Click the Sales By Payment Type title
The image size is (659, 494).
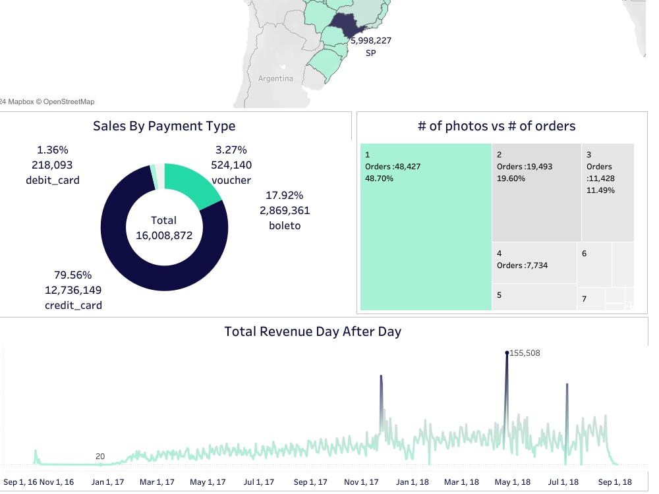tap(164, 126)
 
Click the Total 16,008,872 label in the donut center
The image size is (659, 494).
tap(164, 227)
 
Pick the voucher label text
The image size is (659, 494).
tap(231, 180)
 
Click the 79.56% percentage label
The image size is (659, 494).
tap(72, 275)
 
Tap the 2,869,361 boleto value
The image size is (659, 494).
tap(284, 211)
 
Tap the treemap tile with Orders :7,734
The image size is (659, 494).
tap(534, 262)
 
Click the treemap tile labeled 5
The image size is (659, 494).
tap(534, 296)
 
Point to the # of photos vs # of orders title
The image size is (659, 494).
tap(496, 126)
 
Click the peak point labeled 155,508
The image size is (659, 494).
tap(507, 353)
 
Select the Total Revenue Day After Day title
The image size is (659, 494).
tap(312, 331)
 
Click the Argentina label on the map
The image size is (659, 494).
tap(275, 78)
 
